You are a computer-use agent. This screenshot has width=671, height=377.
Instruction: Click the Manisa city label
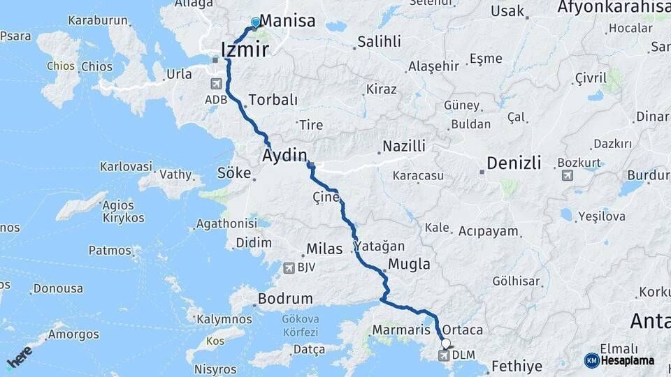pos(288,21)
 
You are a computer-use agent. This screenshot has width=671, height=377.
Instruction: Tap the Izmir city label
pos(244,50)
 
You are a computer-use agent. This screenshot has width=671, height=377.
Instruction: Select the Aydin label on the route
pos(284,156)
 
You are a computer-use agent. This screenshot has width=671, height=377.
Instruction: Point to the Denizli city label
pos(514,163)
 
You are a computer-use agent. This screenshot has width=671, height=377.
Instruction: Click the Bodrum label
pos(285,299)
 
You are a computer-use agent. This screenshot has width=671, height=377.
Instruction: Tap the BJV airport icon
pos(288,267)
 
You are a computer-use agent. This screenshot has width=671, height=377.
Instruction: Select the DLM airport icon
pos(443,356)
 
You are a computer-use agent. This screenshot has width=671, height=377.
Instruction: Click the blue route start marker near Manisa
pos(255,22)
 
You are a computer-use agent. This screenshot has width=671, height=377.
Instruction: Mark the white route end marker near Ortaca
pos(445,343)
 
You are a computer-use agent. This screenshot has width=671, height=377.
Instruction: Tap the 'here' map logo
pos(20,357)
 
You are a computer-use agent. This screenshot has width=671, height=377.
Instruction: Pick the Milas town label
pos(324,249)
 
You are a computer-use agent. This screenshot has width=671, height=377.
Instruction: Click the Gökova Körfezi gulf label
pos(300,325)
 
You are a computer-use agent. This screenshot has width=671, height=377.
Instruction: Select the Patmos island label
pos(110,250)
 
